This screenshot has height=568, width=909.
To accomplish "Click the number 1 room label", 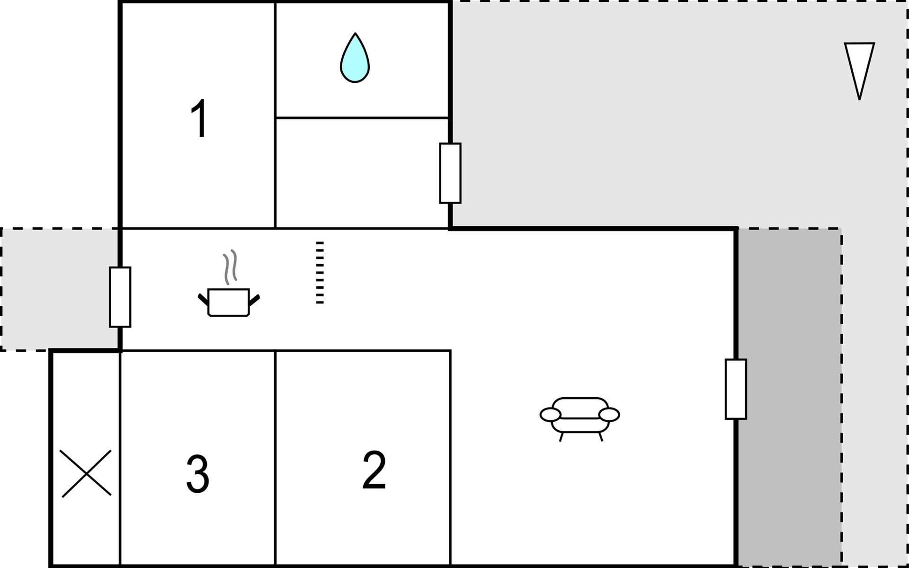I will tap(199, 118).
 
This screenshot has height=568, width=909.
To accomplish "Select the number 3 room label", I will tap(197, 474).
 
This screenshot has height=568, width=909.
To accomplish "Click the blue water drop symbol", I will tap(355, 59).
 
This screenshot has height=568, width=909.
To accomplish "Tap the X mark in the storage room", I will tap(86, 473).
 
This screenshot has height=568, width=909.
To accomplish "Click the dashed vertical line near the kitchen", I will tap(320, 272).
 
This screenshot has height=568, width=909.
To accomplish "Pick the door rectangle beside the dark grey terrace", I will tap(736, 389).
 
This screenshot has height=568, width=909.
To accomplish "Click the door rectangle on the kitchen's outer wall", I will tap(120, 297).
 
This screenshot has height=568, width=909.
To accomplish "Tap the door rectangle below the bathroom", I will tap(450, 173).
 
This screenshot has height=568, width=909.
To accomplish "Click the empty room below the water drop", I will tap(362, 173).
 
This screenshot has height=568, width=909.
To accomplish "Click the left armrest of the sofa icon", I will tap(550, 415).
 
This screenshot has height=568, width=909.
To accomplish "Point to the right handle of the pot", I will tap(254, 300).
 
